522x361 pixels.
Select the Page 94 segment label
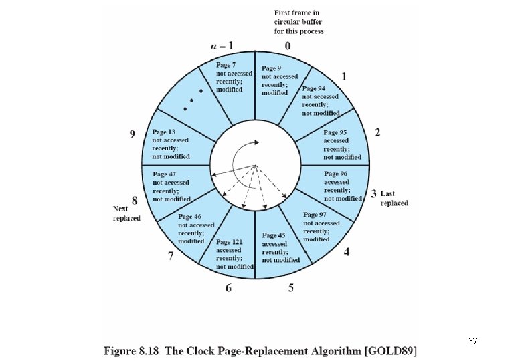tap(320, 100)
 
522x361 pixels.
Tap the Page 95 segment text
tap(342, 144)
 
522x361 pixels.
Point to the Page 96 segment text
tap(343, 186)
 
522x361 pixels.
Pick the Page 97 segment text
tap(321, 227)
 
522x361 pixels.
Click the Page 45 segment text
tap(274, 247)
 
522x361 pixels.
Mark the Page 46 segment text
tap(196, 229)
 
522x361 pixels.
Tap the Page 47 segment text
tap(171, 186)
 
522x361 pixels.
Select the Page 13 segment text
tap(171, 144)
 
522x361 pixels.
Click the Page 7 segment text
tap(234, 77)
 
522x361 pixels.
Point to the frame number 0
tap(287, 46)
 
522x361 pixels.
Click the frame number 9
tap(133, 134)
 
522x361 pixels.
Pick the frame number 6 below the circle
tap(229, 288)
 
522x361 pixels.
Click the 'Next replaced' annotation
tap(126, 213)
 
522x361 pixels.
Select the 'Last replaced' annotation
tap(394, 198)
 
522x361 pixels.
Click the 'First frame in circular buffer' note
tap(298, 22)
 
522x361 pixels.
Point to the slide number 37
tap(472, 342)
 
